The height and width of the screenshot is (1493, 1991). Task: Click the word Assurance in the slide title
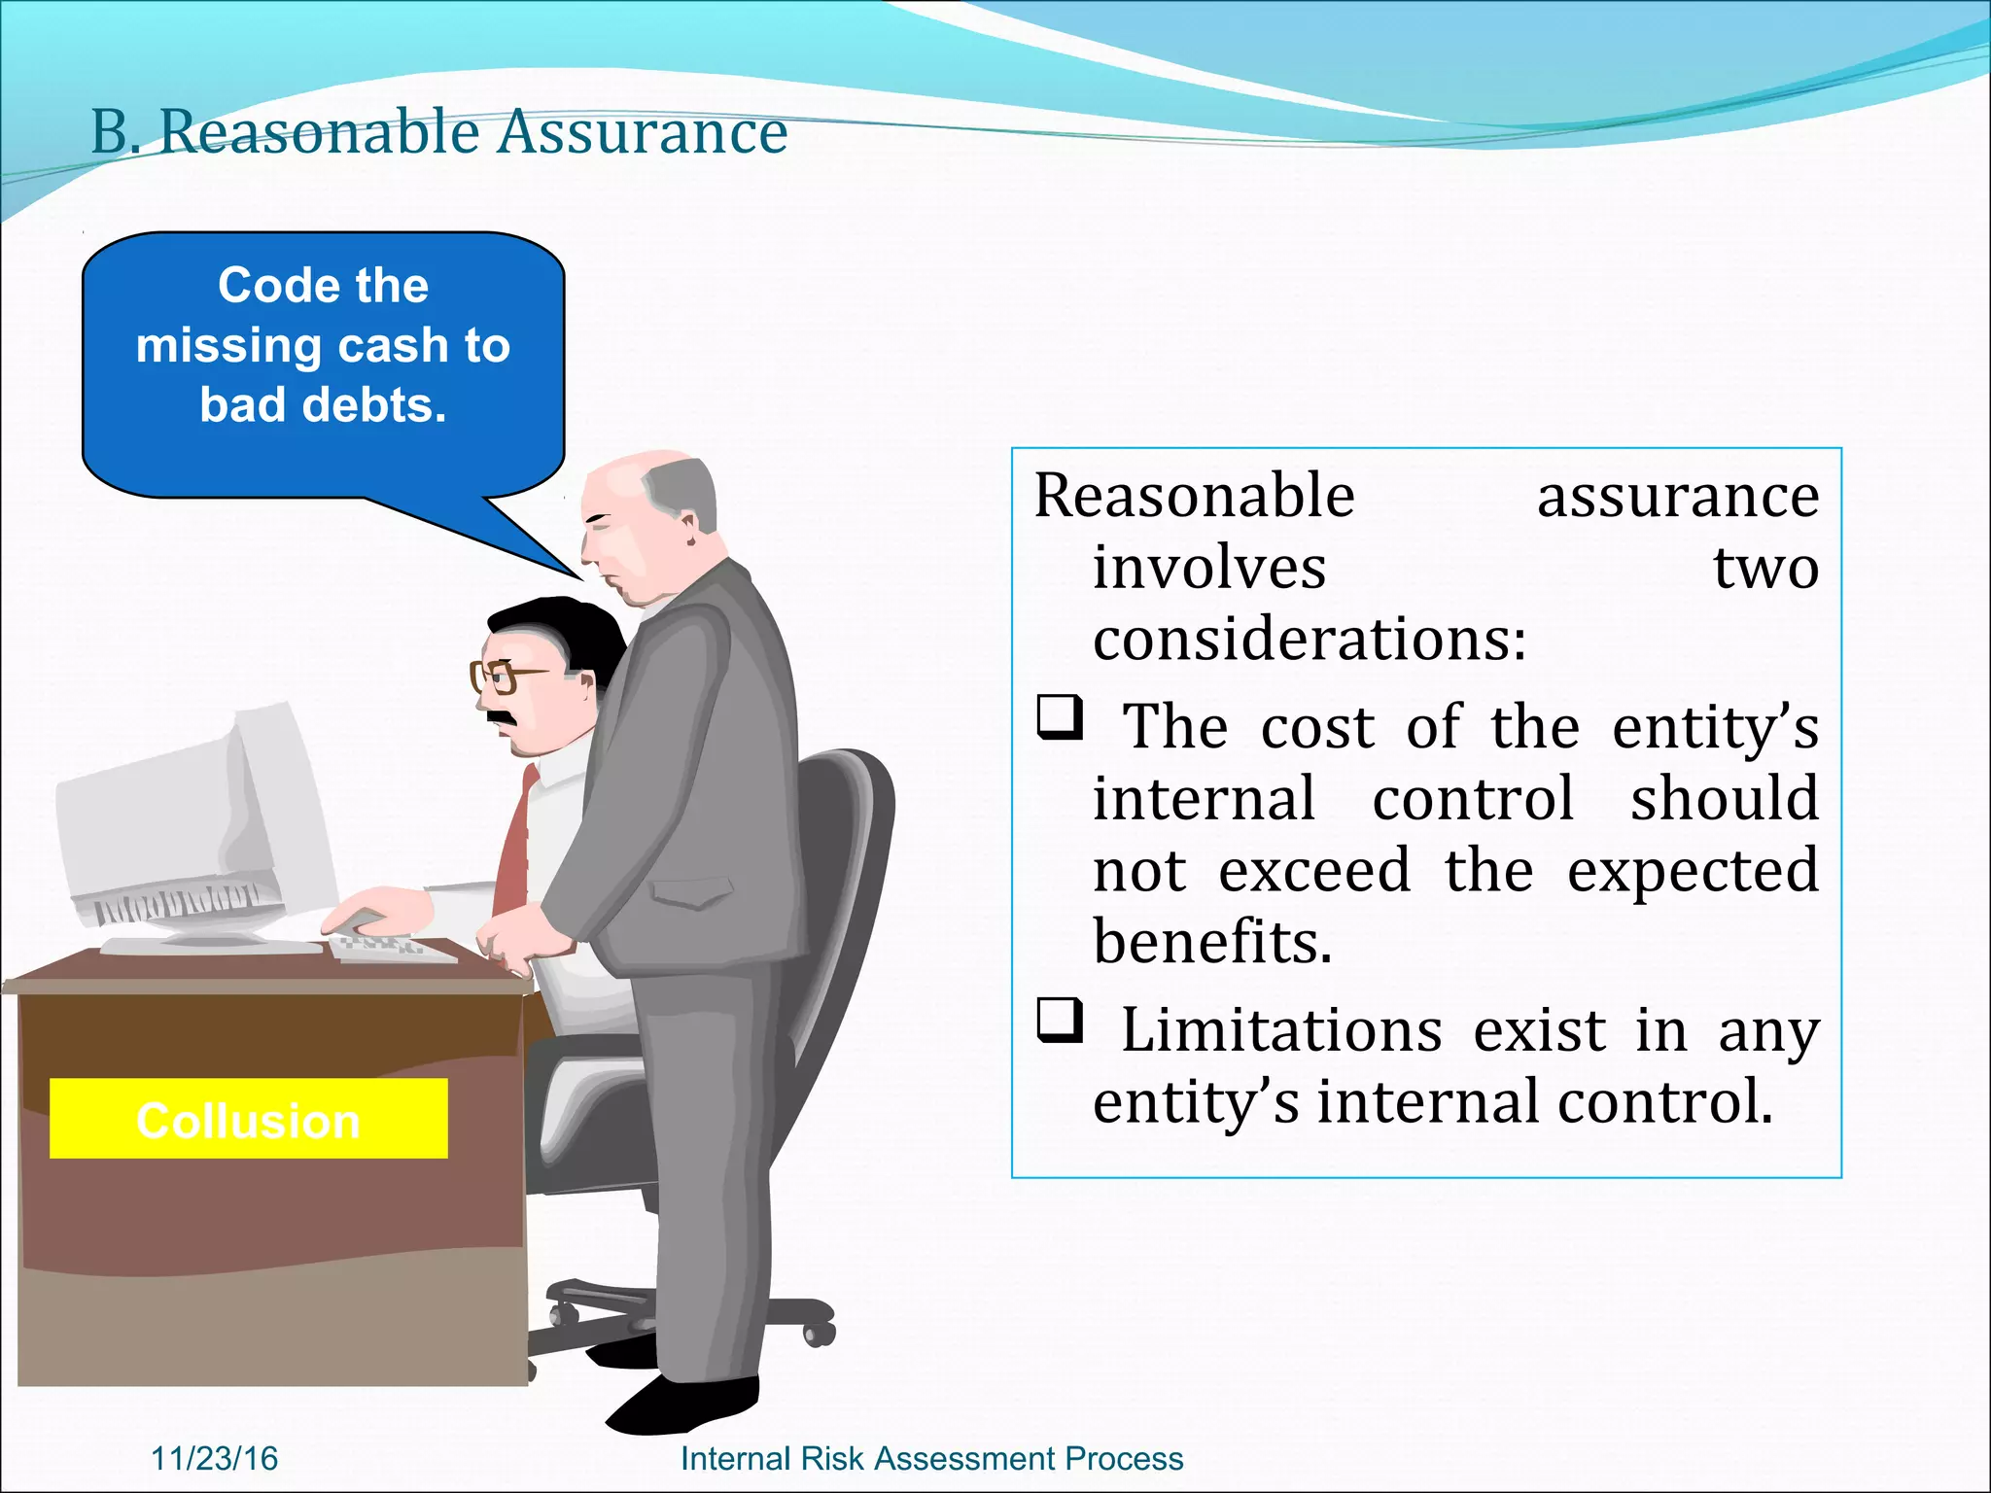click(x=642, y=132)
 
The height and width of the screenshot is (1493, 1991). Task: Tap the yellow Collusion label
click(x=248, y=1120)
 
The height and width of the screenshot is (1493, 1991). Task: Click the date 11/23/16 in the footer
click(x=215, y=1458)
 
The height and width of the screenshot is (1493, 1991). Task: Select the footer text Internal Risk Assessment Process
click(x=931, y=1458)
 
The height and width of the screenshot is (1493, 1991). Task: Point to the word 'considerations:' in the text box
click(x=1309, y=640)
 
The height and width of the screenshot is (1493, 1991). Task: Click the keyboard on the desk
click(x=389, y=947)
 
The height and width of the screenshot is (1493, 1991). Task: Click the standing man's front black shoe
click(x=681, y=1406)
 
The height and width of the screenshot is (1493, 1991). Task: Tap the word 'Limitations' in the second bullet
click(x=1281, y=1030)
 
